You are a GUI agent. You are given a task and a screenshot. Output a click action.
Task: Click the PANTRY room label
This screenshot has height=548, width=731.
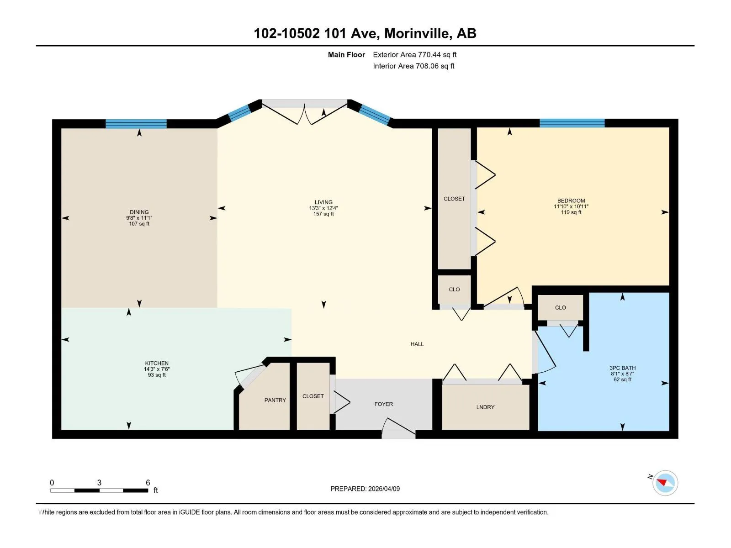(275, 400)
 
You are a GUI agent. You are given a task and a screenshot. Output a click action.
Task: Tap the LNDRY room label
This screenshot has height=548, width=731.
(485, 407)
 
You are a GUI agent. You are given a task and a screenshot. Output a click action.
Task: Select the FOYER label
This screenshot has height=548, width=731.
(384, 404)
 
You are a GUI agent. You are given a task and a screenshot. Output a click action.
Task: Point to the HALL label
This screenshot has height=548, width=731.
(417, 344)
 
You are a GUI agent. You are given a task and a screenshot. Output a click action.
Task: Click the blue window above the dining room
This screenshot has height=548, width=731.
(136, 124)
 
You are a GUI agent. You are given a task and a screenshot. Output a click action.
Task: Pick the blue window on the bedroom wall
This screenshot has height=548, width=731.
(572, 123)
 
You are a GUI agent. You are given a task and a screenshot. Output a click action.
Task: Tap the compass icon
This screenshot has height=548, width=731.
(664, 483)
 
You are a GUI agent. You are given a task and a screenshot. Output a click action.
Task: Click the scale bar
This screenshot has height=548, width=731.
(99, 490)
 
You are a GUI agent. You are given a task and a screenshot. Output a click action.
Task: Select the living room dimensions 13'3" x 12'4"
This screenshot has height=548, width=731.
(323, 208)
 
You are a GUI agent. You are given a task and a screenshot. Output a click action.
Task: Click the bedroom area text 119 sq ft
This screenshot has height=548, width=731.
(571, 212)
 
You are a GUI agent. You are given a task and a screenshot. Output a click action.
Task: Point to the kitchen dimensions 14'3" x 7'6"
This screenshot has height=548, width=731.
(157, 369)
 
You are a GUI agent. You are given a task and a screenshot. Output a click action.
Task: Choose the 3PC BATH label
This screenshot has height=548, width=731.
(622, 368)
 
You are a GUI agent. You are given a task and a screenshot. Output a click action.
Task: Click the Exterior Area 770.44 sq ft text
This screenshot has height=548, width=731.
(415, 54)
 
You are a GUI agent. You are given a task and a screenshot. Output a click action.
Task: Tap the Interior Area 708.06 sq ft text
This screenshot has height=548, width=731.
(413, 66)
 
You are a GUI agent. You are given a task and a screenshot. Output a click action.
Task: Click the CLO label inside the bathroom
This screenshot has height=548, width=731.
(561, 307)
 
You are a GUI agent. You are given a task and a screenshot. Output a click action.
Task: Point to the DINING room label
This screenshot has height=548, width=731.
(139, 212)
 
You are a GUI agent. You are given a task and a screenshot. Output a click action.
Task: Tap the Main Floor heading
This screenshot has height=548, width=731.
(346, 54)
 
